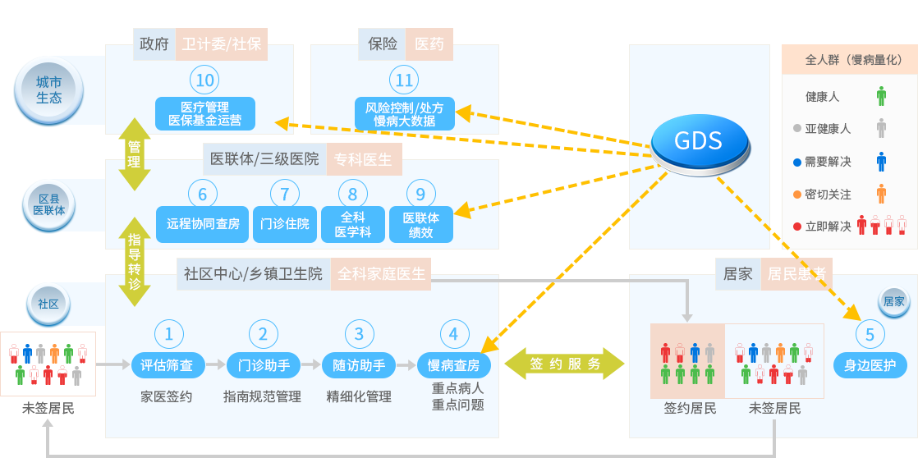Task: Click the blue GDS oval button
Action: click(699, 141)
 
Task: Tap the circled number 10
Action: click(205, 80)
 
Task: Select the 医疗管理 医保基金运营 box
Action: click(205, 113)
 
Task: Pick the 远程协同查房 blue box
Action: click(203, 224)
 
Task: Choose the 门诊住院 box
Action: click(285, 224)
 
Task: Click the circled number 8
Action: click(353, 194)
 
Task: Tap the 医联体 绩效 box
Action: click(420, 224)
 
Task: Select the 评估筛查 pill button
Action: click(167, 364)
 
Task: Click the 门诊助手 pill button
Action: click(263, 364)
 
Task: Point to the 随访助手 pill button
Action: click(359, 364)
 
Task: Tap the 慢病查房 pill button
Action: click(454, 364)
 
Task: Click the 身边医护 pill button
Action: click(870, 364)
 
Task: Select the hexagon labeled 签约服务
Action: click(564, 364)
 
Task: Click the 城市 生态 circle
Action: click(49, 89)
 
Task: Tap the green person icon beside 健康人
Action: click(881, 96)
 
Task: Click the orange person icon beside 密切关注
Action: click(881, 194)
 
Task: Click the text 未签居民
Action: click(774, 408)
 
